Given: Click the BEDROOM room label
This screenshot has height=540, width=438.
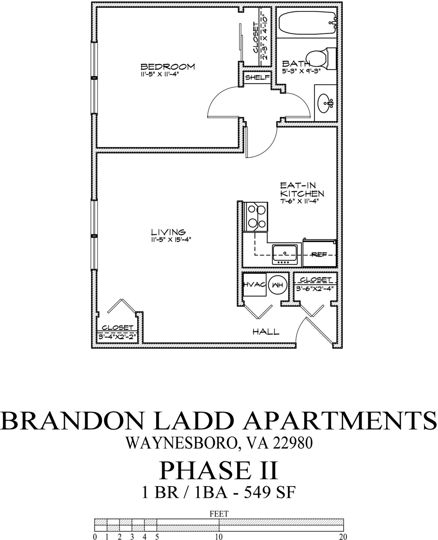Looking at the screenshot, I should (x=167, y=67).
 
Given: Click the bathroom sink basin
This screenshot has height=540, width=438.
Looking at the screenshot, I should (x=325, y=102).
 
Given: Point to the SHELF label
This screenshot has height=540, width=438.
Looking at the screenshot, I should (x=257, y=77).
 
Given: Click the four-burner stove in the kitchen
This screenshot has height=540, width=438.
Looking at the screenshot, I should (x=256, y=217).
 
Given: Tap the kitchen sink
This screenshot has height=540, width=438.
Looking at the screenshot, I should (x=285, y=254).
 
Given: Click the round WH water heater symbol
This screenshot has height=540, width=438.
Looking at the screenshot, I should (x=278, y=285).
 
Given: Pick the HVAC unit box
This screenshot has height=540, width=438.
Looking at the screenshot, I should (x=254, y=285).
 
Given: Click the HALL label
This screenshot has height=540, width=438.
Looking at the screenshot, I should (x=266, y=332).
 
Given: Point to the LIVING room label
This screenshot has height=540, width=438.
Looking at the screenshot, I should (x=168, y=232).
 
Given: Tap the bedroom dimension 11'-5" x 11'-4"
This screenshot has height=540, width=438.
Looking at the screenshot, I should (x=160, y=74).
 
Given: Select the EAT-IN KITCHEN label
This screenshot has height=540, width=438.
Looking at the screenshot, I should (x=301, y=190).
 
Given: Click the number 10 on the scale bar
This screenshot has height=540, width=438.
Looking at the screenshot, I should (x=219, y=537).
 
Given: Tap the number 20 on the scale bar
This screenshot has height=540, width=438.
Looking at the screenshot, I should (x=343, y=537).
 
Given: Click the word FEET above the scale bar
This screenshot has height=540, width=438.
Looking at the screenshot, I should (x=219, y=514).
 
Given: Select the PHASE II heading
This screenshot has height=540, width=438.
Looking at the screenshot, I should (x=218, y=471).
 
